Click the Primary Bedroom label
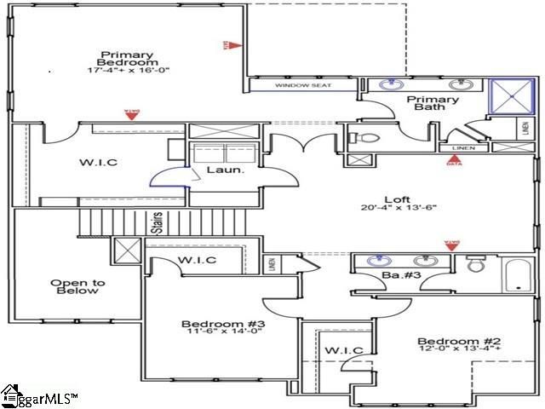click(x=127, y=58)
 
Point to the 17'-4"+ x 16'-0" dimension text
click(x=127, y=70)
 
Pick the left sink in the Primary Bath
click(x=391, y=84)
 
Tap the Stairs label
click(x=158, y=223)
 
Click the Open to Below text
click(x=74, y=286)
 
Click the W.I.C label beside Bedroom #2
click(x=344, y=350)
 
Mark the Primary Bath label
click(x=435, y=104)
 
